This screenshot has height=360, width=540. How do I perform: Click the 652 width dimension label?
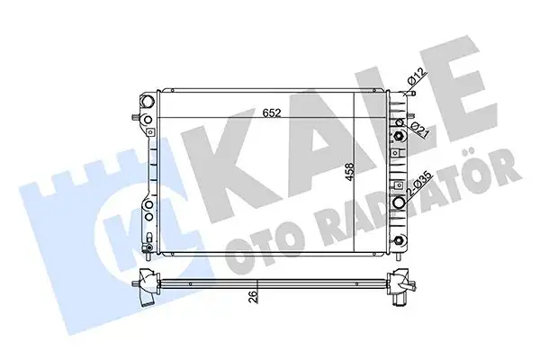(272, 113)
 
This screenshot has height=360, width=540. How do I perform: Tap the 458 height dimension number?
(350, 172)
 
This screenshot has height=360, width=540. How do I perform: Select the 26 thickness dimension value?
(253, 296)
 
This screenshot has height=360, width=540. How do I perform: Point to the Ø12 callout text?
(417, 76)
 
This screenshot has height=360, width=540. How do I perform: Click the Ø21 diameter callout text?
(420, 130)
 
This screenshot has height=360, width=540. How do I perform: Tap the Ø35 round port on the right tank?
(399, 202)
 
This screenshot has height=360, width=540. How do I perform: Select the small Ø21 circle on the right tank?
(400, 122)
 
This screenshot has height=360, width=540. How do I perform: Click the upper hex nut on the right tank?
(399, 136)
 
